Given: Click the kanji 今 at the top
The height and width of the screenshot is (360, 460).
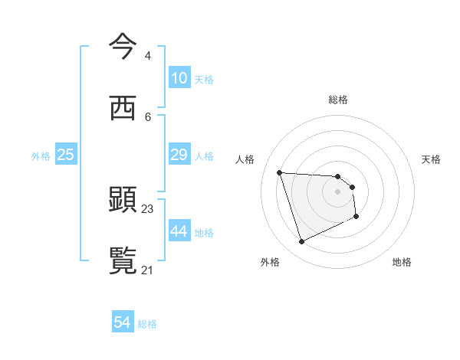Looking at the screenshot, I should (123, 47).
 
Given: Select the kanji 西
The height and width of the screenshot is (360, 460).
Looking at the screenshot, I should (123, 109).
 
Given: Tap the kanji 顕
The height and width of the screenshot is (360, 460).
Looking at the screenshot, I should (123, 201).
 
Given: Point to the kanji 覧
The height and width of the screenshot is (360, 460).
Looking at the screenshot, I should (123, 261).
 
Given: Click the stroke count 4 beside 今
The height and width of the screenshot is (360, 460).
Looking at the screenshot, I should (147, 55).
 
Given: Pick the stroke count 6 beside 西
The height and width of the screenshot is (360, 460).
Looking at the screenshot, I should (147, 116).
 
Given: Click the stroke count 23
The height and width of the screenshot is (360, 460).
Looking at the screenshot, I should (148, 208).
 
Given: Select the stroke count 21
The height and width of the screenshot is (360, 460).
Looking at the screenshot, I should (148, 270).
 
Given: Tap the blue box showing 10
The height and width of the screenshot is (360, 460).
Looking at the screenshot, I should (179, 78).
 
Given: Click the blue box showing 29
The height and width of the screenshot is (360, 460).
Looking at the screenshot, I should (179, 155).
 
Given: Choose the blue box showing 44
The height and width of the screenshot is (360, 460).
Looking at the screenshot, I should (179, 231).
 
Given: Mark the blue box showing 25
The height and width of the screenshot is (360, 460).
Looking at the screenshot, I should (66, 155).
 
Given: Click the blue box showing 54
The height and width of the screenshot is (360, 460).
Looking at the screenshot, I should (123, 323).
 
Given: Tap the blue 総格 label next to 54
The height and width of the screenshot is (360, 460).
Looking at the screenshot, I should (147, 324).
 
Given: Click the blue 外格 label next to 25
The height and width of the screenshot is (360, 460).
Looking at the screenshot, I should (41, 155).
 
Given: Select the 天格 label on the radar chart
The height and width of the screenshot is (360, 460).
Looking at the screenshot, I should (431, 159).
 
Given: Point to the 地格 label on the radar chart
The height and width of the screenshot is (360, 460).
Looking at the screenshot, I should (402, 262).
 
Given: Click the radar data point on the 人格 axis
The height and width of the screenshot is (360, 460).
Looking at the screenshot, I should (280, 172).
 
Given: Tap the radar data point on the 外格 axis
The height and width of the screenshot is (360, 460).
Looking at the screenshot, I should (301, 242).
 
